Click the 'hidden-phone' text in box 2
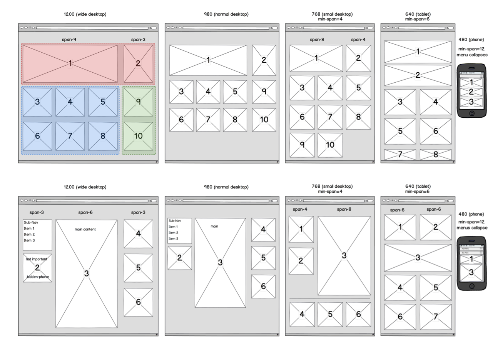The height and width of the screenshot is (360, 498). point(38,277)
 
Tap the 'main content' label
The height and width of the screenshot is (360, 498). point(85,229)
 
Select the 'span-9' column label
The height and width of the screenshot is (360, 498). point(69,40)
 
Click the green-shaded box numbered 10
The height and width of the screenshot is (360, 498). point(138,136)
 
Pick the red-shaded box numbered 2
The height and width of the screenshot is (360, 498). point(138,63)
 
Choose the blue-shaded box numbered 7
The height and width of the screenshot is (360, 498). point(70,136)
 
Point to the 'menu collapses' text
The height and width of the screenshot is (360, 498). point(472,55)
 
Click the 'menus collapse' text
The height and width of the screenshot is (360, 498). point(472,228)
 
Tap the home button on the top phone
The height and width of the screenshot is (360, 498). point(472,113)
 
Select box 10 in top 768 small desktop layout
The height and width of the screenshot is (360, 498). point(330,145)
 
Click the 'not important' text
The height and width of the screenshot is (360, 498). point(37,259)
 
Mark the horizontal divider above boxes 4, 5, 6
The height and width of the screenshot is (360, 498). point(330,298)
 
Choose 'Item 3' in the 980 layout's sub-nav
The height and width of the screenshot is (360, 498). point(173,238)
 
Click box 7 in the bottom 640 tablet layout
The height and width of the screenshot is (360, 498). point(436,317)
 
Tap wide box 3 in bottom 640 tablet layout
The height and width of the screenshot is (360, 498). point(418,258)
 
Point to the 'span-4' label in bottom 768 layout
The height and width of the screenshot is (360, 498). point(300,209)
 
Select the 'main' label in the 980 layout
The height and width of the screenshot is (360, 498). point(214,226)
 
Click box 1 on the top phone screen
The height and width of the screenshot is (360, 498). point(471,82)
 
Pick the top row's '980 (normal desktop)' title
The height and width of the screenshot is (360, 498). point(226,14)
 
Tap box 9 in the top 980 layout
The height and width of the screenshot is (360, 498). point(264,92)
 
